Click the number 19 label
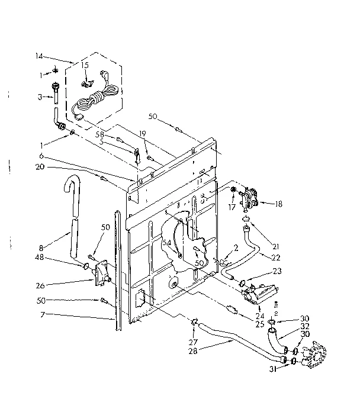[143, 134]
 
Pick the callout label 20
[40, 167]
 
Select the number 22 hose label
[276, 257]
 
